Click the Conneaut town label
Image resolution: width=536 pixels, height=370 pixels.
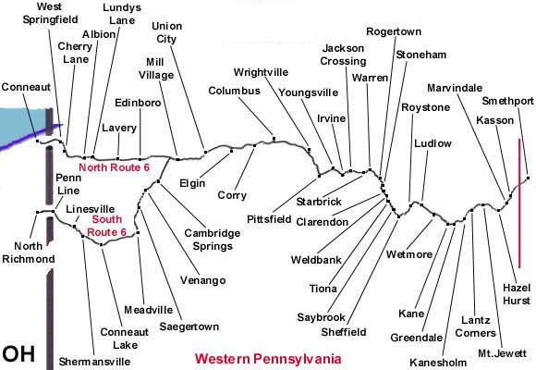[26, 87]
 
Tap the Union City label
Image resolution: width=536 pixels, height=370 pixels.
[167, 32]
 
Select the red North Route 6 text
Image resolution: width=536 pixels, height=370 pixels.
[115, 167]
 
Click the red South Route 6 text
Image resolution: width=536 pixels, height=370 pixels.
[106, 226]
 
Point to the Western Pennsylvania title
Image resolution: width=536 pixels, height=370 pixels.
[268, 359]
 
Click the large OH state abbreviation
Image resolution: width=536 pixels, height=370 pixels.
[18, 354]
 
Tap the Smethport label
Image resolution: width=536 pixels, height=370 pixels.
[507, 101]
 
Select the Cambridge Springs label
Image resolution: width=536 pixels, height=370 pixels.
[213, 240]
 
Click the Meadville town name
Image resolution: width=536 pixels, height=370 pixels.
[149, 310]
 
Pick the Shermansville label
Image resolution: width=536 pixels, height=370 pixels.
[94, 362]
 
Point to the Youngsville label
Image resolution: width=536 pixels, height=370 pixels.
[309, 92]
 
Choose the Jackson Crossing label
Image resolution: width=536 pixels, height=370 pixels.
[343, 55]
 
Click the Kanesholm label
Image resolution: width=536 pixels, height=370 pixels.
[438, 362]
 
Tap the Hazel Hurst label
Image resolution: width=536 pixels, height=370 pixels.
[517, 294]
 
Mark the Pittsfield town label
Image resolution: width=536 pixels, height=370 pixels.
[269, 219]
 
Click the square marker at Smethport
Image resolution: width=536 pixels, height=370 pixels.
[528, 178]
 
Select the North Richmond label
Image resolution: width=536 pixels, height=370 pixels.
[29, 253]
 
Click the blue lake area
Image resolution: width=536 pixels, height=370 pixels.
[21, 122]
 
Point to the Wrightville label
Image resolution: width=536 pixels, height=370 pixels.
[261, 72]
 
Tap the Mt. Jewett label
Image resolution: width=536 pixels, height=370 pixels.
[502, 352]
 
